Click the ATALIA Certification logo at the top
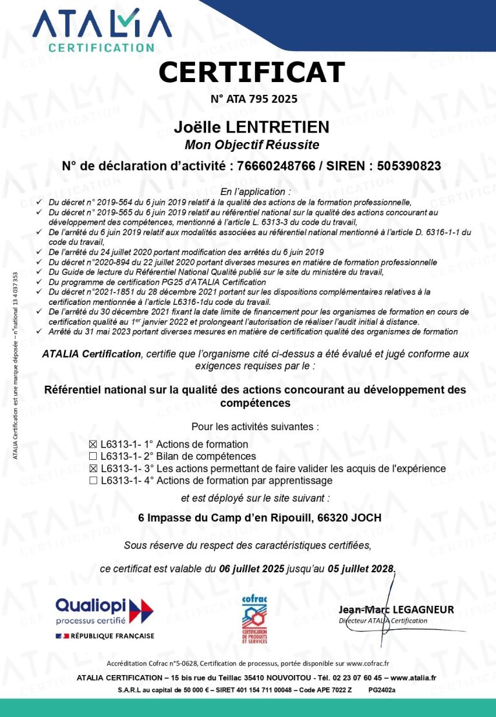point(102,29)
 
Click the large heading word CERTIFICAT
point(251,72)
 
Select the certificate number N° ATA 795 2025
point(254,99)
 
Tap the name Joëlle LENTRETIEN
point(251,127)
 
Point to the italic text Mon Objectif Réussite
point(251,144)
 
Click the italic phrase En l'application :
point(255,192)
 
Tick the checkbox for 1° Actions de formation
point(93,444)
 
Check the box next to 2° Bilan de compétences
point(93,457)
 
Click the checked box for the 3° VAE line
point(93,468)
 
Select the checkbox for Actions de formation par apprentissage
point(93,481)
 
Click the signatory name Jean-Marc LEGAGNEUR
point(396,610)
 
